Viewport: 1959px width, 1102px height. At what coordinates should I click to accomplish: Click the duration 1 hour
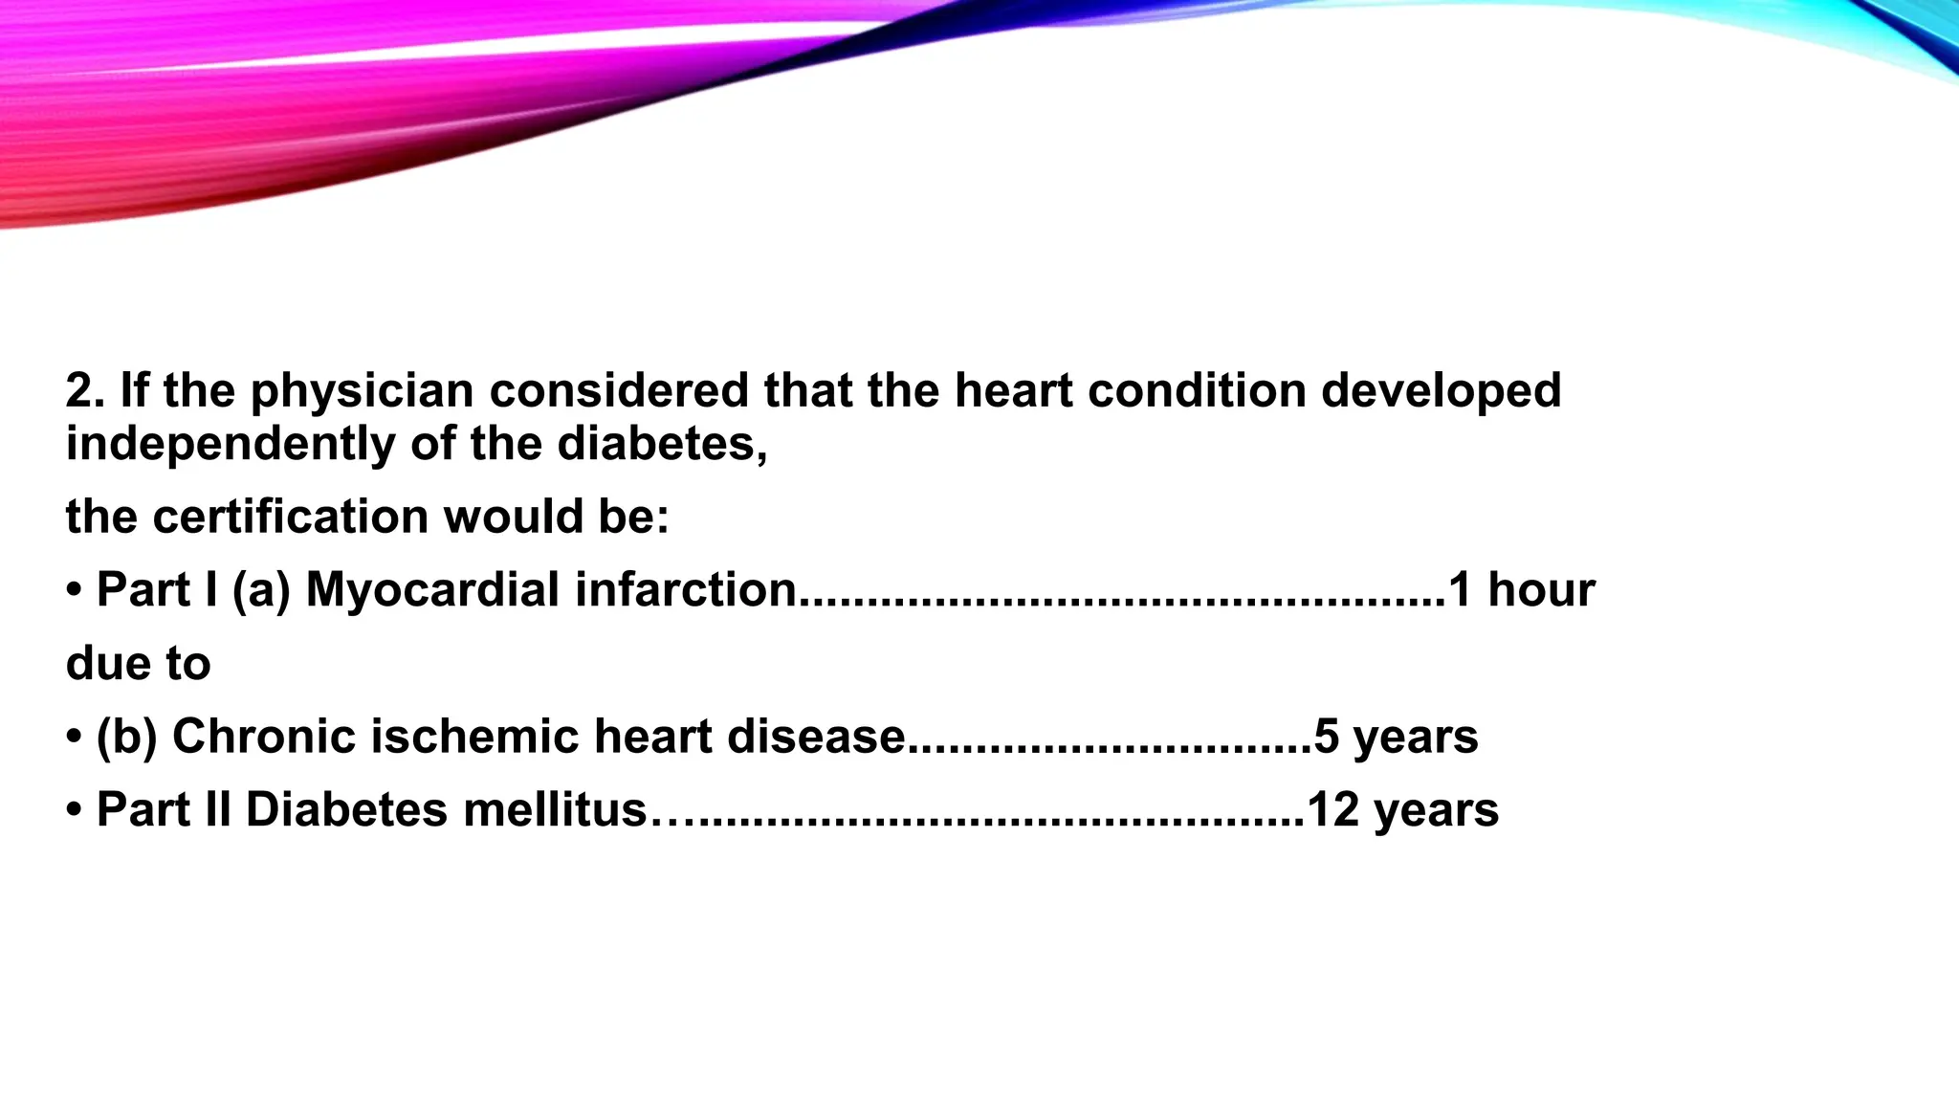[x=1522, y=590]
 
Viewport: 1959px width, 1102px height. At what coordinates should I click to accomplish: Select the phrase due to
[x=138, y=664]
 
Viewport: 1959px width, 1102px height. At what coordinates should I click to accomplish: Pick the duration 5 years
[x=1397, y=738]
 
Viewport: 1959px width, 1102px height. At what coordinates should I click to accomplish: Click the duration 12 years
[x=1402, y=810]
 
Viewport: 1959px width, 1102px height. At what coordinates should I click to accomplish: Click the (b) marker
[x=126, y=738]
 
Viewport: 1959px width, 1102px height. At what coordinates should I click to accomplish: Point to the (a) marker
[x=261, y=590]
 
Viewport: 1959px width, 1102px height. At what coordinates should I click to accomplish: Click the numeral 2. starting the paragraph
[x=85, y=392]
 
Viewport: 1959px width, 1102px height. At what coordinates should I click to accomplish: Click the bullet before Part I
[x=75, y=590]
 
